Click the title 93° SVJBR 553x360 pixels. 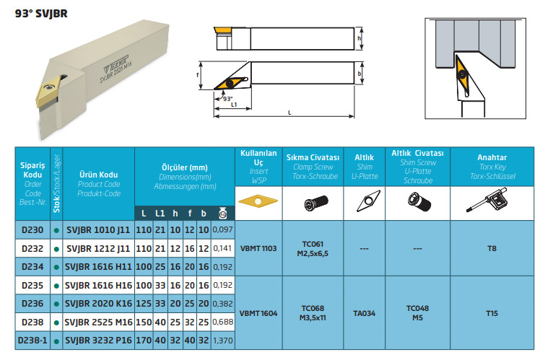[41, 14]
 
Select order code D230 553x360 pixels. [32, 230]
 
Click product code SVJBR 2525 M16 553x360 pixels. [98, 322]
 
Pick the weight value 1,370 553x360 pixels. [222, 341]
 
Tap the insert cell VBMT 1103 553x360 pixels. [258, 248]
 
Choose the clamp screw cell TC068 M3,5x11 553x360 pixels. [313, 313]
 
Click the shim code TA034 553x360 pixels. [365, 313]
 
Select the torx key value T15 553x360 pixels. [492, 313]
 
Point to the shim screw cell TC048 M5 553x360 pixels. [417, 313]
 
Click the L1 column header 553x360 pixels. [160, 214]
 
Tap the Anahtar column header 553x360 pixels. [492, 157]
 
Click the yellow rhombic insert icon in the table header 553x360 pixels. [258, 201]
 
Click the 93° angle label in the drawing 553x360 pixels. [228, 99]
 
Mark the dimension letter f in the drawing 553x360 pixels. [198, 75]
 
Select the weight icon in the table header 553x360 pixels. [222, 213]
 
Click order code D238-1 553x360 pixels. [32, 341]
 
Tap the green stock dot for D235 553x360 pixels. [56, 286]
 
